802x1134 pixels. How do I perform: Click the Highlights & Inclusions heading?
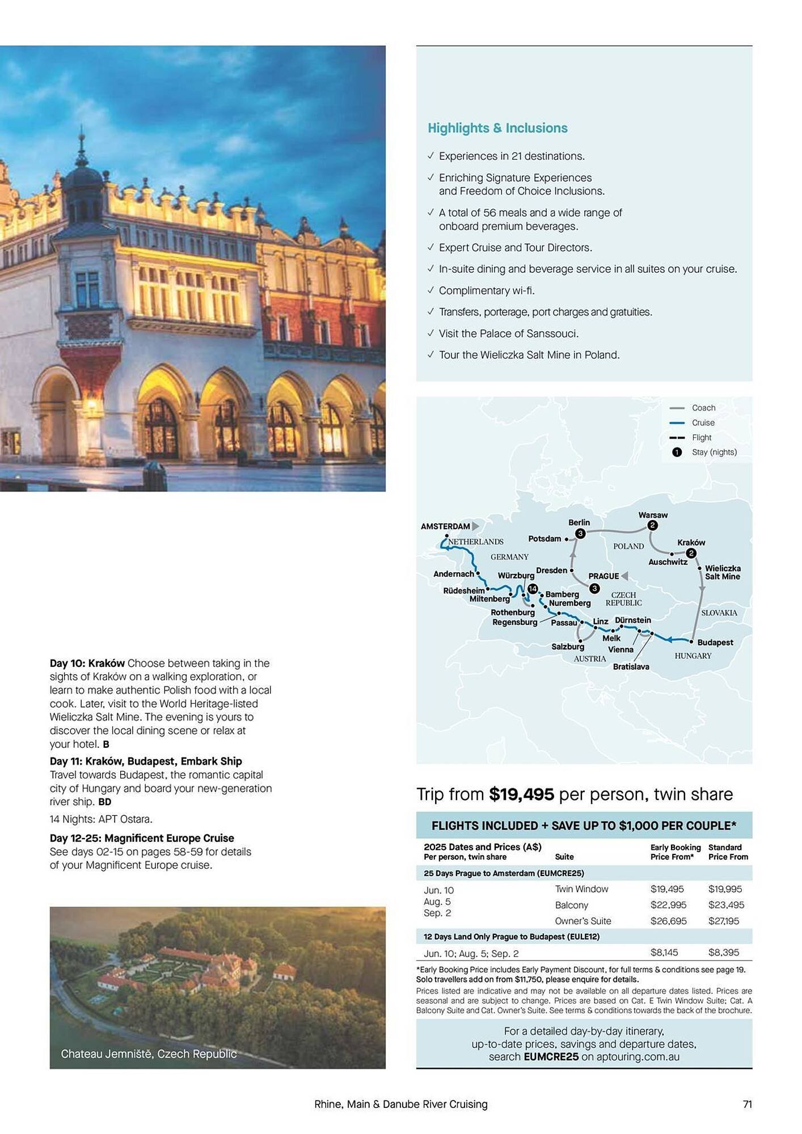point(497,128)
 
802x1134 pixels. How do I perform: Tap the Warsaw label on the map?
point(653,515)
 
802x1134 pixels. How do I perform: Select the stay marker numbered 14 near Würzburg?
point(533,589)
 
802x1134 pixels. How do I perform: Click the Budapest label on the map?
point(715,642)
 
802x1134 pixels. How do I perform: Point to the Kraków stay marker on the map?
point(690,553)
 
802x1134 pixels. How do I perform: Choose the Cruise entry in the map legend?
point(703,422)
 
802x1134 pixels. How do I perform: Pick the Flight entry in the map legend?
point(702,437)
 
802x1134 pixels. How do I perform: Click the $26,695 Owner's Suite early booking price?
point(668,921)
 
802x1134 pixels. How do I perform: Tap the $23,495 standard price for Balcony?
point(726,905)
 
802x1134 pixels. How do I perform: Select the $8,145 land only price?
point(664,953)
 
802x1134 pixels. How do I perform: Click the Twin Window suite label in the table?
point(581,889)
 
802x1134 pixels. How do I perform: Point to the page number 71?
point(747,1104)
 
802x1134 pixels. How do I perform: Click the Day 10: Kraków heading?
point(87,663)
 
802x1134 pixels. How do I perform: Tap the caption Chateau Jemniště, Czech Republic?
point(149,1053)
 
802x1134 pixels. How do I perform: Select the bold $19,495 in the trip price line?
point(521,794)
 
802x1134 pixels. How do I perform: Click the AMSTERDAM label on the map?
point(445,526)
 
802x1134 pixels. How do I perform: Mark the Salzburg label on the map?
point(568,646)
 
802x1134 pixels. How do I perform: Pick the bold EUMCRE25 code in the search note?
point(551,1057)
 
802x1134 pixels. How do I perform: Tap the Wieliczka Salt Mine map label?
point(723,572)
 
